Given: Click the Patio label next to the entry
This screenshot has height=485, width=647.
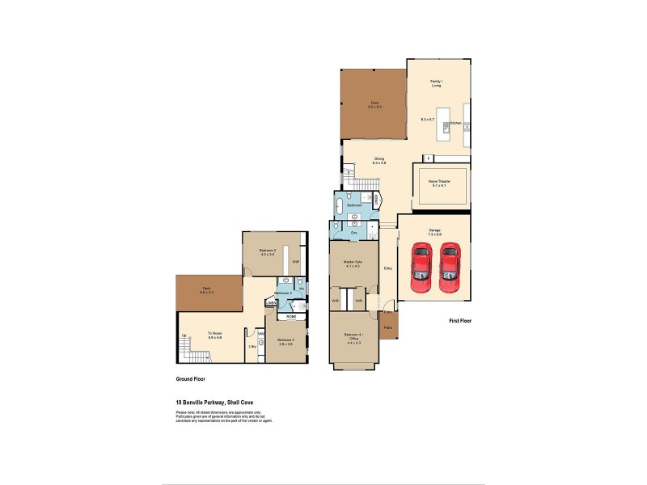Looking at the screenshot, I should pos(388,327).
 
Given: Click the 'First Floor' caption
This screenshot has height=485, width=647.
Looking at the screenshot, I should pos(460,321).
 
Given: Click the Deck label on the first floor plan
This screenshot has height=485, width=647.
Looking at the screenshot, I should pos(374,102).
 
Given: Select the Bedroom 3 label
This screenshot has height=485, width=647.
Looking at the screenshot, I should pos(285,339).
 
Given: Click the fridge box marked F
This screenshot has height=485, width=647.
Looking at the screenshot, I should pos(418,157).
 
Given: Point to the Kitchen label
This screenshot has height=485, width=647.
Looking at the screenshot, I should pos(455,123).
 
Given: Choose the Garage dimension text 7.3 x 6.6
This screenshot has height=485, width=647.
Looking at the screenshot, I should pos(434,234).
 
